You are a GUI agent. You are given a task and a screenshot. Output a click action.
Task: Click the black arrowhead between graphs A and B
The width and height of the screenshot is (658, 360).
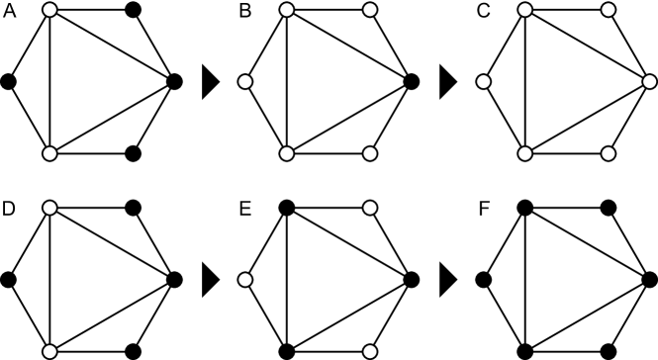pos(209,82)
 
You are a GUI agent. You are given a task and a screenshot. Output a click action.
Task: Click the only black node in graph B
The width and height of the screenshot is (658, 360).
pos(411,82)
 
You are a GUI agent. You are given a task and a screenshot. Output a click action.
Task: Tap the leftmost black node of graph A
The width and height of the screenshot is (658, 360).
pos(10,82)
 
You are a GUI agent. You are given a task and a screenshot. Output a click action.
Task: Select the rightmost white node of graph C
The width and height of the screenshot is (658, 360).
pos(647,82)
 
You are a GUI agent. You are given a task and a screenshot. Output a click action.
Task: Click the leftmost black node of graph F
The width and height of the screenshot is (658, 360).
pos(484,278)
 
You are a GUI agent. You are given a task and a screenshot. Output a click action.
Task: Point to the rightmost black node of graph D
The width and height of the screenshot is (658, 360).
pos(174,278)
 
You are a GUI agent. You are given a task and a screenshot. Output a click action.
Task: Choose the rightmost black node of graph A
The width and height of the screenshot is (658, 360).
pos(174,82)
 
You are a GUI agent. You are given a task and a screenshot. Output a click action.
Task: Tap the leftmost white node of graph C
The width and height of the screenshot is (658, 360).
pos(484,82)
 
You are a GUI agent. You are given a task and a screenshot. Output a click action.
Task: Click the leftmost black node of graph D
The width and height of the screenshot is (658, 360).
pos(10,278)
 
